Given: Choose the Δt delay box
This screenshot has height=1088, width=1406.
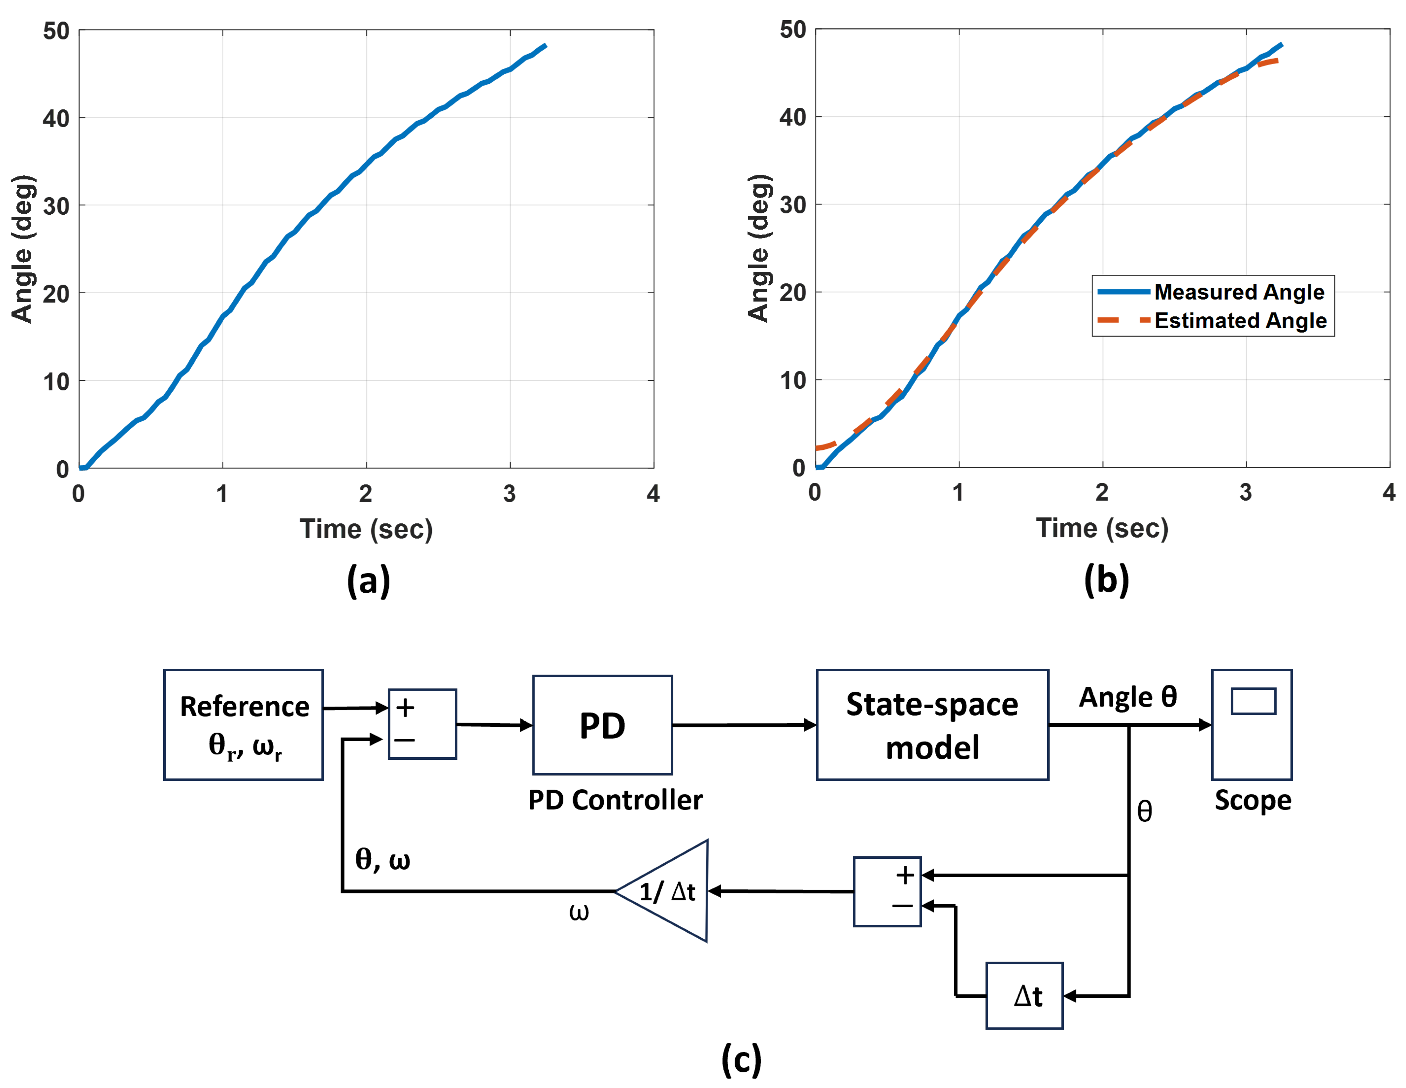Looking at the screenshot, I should [x=1024, y=995].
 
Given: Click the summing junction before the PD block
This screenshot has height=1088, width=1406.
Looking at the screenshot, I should [x=422, y=724].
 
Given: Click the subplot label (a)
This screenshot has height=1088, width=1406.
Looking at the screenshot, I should [x=368, y=581].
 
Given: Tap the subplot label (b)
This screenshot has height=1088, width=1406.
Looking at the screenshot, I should [x=1106, y=579].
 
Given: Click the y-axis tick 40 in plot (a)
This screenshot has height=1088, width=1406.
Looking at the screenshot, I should [x=56, y=118].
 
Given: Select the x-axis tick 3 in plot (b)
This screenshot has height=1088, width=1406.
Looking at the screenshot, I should [x=1246, y=493].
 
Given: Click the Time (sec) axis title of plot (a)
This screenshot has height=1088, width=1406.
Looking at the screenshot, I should [x=366, y=529].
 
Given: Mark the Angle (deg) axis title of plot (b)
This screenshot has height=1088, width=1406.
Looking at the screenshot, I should [x=760, y=248].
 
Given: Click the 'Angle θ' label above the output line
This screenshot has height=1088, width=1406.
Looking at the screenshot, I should [x=1128, y=697].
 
